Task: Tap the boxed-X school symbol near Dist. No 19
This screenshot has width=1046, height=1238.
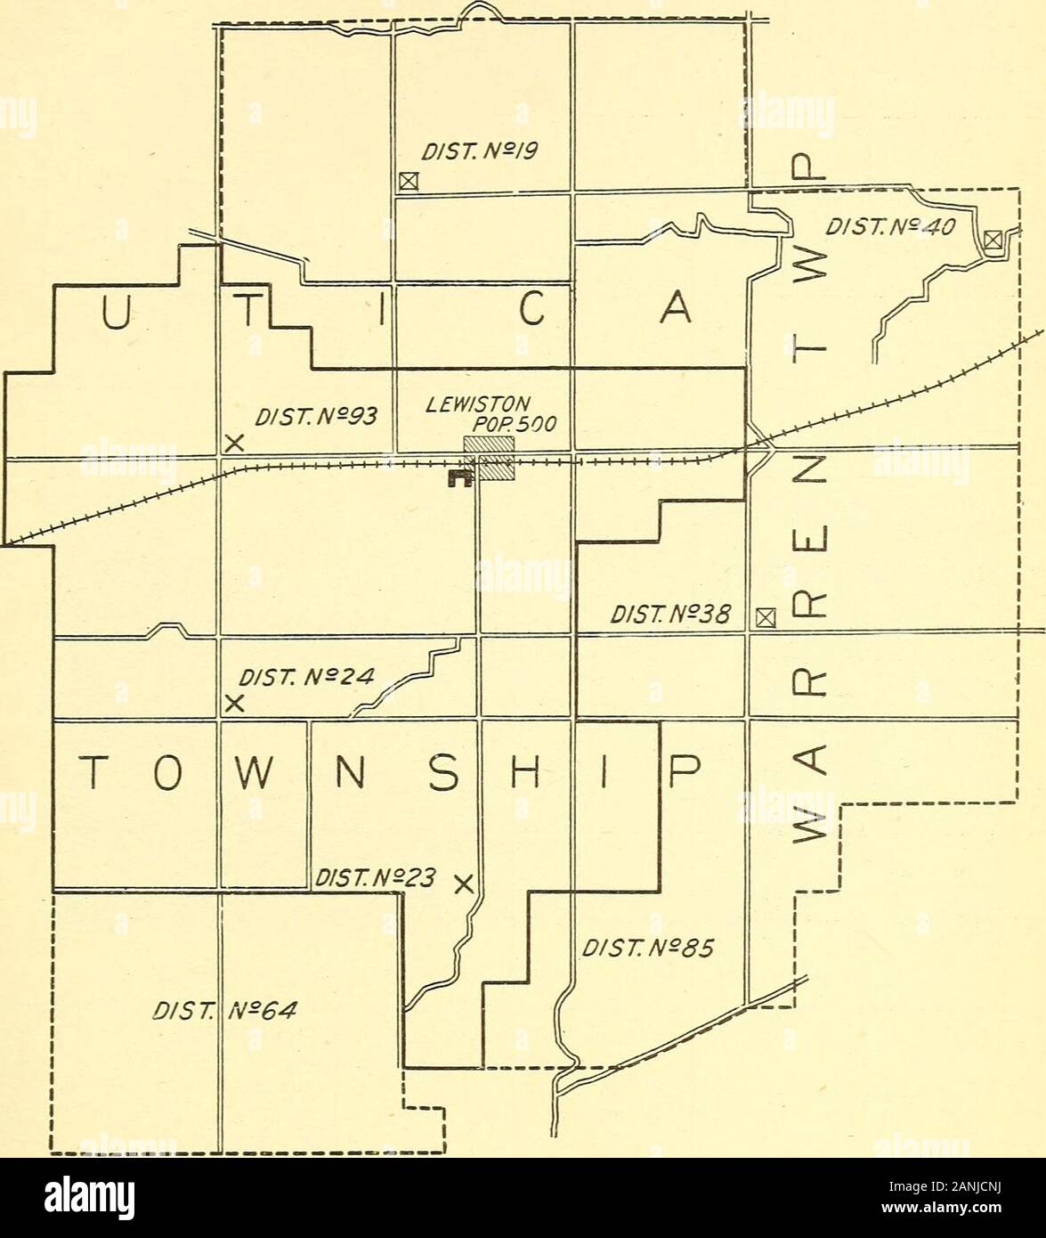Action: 408,182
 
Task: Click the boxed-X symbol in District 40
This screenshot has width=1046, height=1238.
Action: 993,239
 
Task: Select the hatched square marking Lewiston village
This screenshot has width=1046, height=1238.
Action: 489,459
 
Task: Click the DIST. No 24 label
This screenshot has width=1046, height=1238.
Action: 297,676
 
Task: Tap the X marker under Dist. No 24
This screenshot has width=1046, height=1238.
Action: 234,703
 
